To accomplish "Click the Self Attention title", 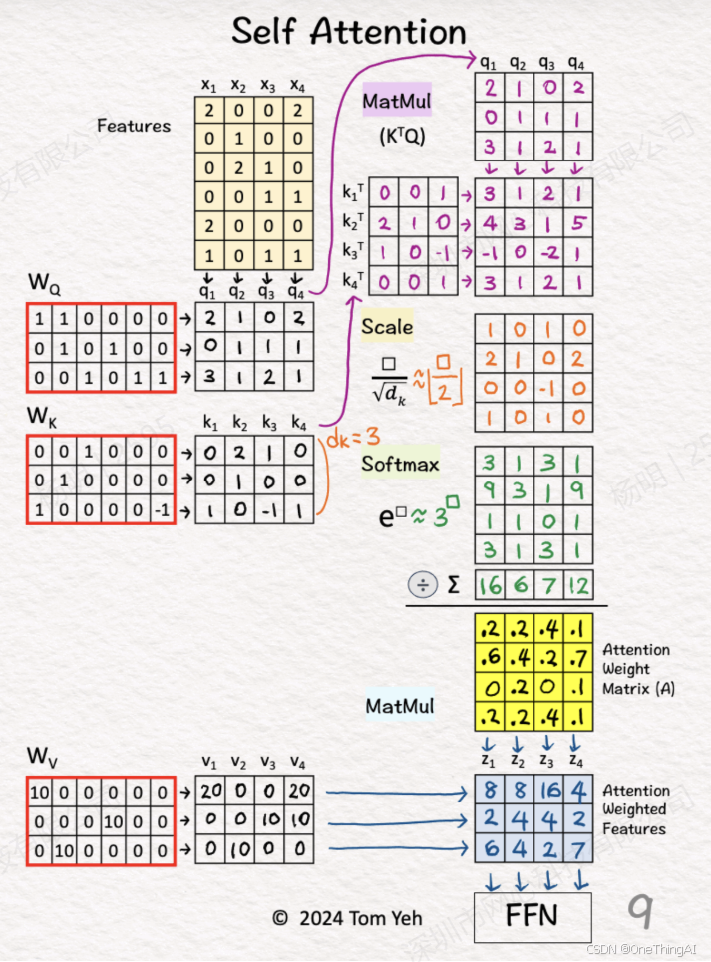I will (349, 31).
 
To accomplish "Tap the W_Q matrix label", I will (44, 288).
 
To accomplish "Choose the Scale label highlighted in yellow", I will (387, 326).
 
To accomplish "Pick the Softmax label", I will (400, 464).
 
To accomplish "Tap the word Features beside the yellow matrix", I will (134, 126).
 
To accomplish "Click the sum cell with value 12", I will (578, 585).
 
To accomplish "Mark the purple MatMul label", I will (396, 100).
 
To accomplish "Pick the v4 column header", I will (298, 763).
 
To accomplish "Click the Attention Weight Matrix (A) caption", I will (636, 669).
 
